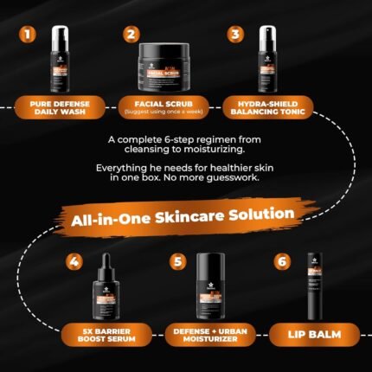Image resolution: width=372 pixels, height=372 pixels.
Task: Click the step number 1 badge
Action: click(30, 35)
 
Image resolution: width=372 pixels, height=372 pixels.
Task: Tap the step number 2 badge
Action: click(131, 35)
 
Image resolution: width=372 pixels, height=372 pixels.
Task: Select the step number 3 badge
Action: click(234, 35)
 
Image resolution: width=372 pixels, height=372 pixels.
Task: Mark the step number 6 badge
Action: click(282, 260)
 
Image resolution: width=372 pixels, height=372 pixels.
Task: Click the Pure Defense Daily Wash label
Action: click(59, 105)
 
